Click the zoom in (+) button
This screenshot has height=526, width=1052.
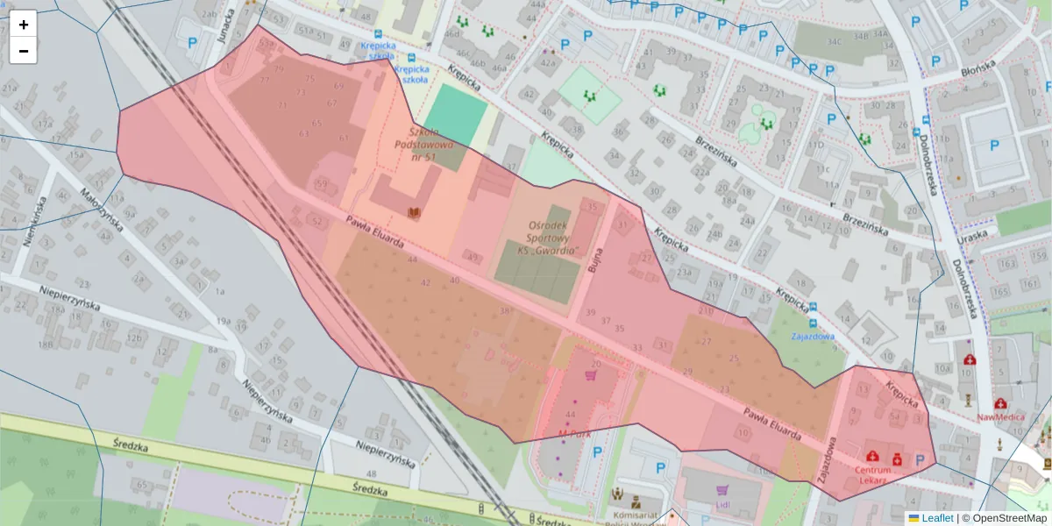(24, 25)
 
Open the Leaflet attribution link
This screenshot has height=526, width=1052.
(936, 518)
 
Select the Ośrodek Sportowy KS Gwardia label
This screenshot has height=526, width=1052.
(548, 238)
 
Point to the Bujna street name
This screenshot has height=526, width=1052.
(596, 257)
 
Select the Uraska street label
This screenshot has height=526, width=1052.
(972, 234)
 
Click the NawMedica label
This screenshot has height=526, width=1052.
(1000, 417)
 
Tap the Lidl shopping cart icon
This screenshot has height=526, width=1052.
(722, 492)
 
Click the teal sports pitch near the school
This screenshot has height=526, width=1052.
(456, 114)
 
